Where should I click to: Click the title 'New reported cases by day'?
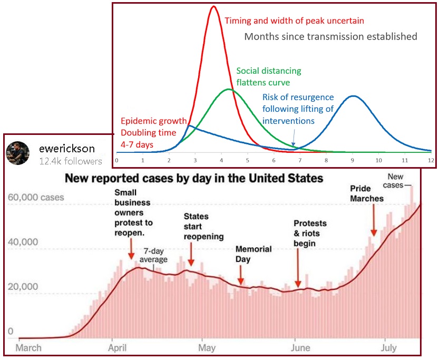pos(193,178)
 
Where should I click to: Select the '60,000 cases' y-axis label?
pos(36,198)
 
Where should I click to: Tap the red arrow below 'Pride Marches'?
pos(374,221)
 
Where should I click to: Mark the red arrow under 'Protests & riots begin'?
pos(298,269)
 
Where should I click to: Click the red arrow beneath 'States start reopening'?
pos(191,255)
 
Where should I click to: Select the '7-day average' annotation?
pos(153,255)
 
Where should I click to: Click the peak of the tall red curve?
pos(213,7)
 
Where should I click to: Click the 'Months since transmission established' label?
pos(330,36)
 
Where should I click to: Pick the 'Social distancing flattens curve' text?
pos(269,76)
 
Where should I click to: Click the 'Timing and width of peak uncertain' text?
pos(294,21)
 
